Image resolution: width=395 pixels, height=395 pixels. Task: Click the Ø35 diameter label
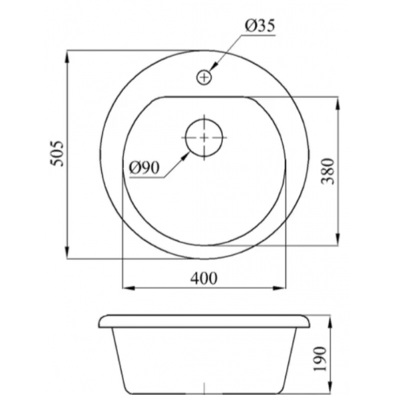point(260,26)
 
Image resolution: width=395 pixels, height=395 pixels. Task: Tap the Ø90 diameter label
point(145,167)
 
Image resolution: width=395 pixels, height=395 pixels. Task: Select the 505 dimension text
point(57,153)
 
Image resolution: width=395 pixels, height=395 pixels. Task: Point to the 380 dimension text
point(329,171)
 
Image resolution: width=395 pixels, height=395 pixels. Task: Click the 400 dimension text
point(204,278)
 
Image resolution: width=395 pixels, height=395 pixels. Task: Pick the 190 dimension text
point(320,359)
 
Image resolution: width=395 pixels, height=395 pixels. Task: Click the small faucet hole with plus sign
point(204,77)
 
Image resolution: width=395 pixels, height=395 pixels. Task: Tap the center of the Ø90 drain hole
point(204,137)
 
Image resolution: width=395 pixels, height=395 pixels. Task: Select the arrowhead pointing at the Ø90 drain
point(186,156)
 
